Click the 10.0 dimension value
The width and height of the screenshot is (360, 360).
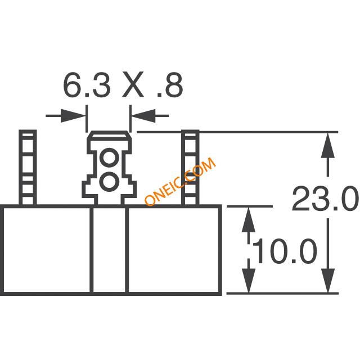tap(285, 251)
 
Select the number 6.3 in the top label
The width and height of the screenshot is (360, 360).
tap(87, 84)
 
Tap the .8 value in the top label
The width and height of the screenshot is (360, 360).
tap(170, 84)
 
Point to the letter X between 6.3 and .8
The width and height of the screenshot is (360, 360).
tap(133, 84)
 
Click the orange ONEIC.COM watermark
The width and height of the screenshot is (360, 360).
tap(180, 181)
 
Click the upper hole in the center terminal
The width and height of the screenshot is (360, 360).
tap(109, 157)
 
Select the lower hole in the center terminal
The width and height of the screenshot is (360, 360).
tap(109, 182)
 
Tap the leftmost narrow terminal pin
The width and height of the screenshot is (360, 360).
tap(28, 168)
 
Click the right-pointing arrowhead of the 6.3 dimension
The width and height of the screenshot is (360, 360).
tap(74, 116)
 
